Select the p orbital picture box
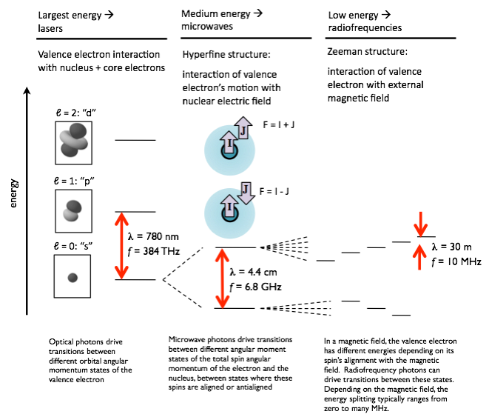[73, 212]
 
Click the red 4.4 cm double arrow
[220, 277]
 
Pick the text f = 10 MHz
[456, 261]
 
